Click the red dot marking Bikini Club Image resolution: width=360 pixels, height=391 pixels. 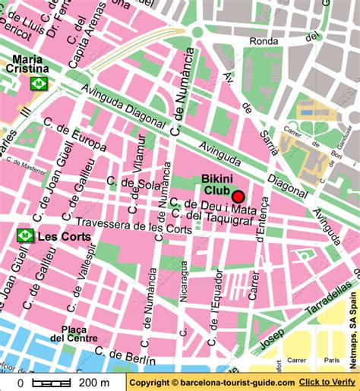coord(238,196)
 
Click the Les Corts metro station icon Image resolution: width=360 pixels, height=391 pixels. coord(26,236)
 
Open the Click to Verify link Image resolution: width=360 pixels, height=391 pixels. coord(327,383)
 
